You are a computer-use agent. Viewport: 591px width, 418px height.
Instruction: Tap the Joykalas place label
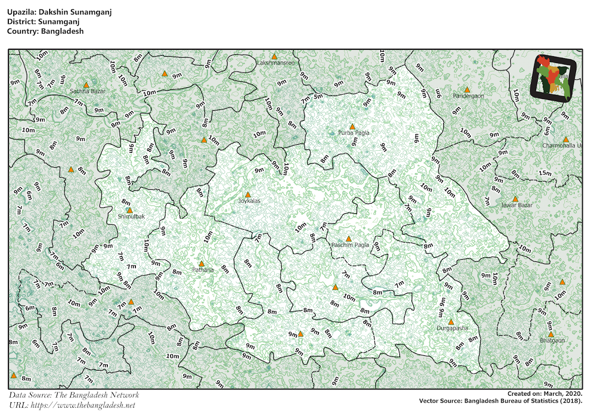249,201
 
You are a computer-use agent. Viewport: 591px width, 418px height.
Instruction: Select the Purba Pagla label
353,133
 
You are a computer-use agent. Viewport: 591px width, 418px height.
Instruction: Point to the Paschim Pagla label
350,245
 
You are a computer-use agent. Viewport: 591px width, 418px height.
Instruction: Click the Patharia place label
202,270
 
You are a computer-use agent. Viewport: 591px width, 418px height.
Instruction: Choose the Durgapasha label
452,328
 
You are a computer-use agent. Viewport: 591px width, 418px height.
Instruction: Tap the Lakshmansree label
276,63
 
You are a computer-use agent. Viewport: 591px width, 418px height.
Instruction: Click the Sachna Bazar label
88,91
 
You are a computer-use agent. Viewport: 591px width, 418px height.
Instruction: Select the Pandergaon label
468,96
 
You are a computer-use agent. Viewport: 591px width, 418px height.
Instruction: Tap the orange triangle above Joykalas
248,195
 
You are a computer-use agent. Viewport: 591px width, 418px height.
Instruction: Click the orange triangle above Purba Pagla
352,127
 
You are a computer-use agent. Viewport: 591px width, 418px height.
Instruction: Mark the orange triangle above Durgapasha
451,322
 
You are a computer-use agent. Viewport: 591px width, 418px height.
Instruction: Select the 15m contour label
545,173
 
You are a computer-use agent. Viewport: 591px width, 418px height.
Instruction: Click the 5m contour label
318,96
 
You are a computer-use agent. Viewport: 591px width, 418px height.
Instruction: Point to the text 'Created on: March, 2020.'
545,394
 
